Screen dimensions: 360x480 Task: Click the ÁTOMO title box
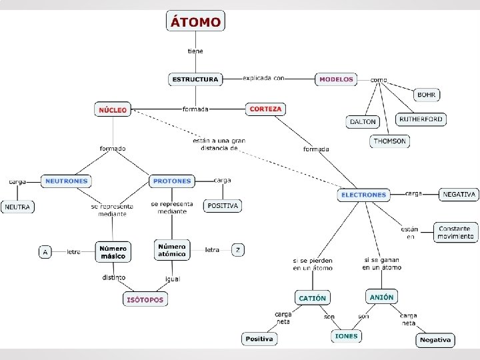tap(195, 21)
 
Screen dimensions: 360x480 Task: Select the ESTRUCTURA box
tap(195, 79)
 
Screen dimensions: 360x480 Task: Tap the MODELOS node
tap(336, 79)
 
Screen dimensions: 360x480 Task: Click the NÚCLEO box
tap(113, 109)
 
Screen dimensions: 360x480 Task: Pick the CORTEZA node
tap(265, 109)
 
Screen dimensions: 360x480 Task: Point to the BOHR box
tap(427, 95)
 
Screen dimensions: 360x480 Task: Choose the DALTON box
tap(363, 122)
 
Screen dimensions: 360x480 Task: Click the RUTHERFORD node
tap(421, 119)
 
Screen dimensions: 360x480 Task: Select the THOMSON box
tap(389, 141)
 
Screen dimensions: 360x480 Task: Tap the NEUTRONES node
tap(66, 181)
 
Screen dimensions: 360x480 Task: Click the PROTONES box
tap(172, 181)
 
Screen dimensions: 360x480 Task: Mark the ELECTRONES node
tap(363, 195)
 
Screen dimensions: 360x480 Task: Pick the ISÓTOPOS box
tap(145, 299)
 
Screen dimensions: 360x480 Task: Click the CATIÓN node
tap(313, 298)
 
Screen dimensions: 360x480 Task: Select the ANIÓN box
tap(382, 297)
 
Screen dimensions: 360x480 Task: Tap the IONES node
tap(346, 336)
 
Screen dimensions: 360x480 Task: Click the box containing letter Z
tap(238, 250)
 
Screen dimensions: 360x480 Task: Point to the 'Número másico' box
tap(113, 251)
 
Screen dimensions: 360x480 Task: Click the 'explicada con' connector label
tap(263, 78)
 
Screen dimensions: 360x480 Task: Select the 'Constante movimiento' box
tap(456, 232)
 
